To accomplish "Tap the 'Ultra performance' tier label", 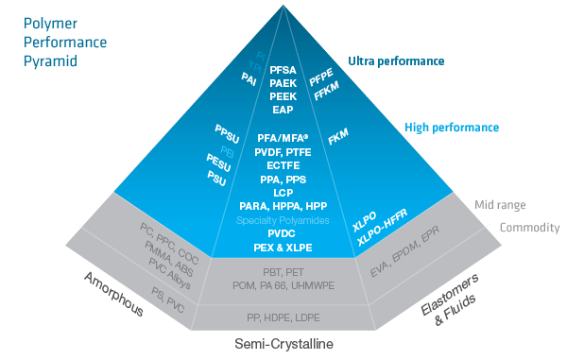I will pos(396,61).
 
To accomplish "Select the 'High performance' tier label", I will pos(452,127).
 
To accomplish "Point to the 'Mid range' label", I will pos(500,204).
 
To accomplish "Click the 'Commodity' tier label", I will pos(529,228).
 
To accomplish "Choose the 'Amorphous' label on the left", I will pos(113,294).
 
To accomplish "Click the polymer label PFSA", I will pos(283,70).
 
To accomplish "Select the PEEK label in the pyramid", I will pos(283,96).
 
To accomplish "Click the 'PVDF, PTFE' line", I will pos(283,151).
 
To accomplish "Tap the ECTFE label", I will pos(283,164).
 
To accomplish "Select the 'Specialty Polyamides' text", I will pos(283,219).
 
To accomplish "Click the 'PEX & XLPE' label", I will pos(283,248).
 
